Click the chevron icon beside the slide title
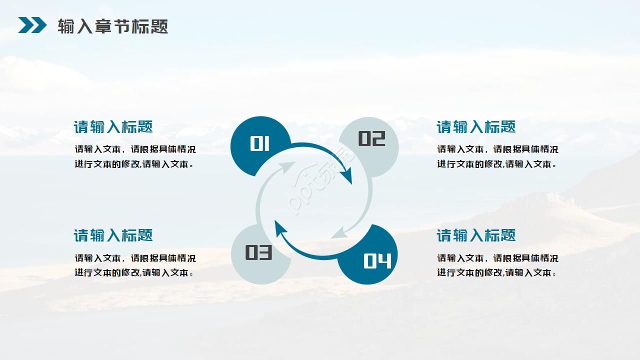point(32,25)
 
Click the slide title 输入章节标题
point(112,26)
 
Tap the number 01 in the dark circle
point(259,144)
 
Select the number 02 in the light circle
point(371,138)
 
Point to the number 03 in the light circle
point(258,252)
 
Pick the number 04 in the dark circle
point(377,260)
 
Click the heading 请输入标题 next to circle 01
point(113,127)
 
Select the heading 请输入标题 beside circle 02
point(476,127)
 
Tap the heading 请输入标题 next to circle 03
point(113,235)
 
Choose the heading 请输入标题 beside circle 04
point(476,235)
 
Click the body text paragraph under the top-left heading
point(135,156)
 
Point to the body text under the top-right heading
point(497,156)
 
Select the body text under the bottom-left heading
point(135,265)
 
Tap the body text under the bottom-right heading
point(497,265)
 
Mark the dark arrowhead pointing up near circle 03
point(280,229)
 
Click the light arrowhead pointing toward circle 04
point(340,232)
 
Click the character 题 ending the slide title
point(159,26)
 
